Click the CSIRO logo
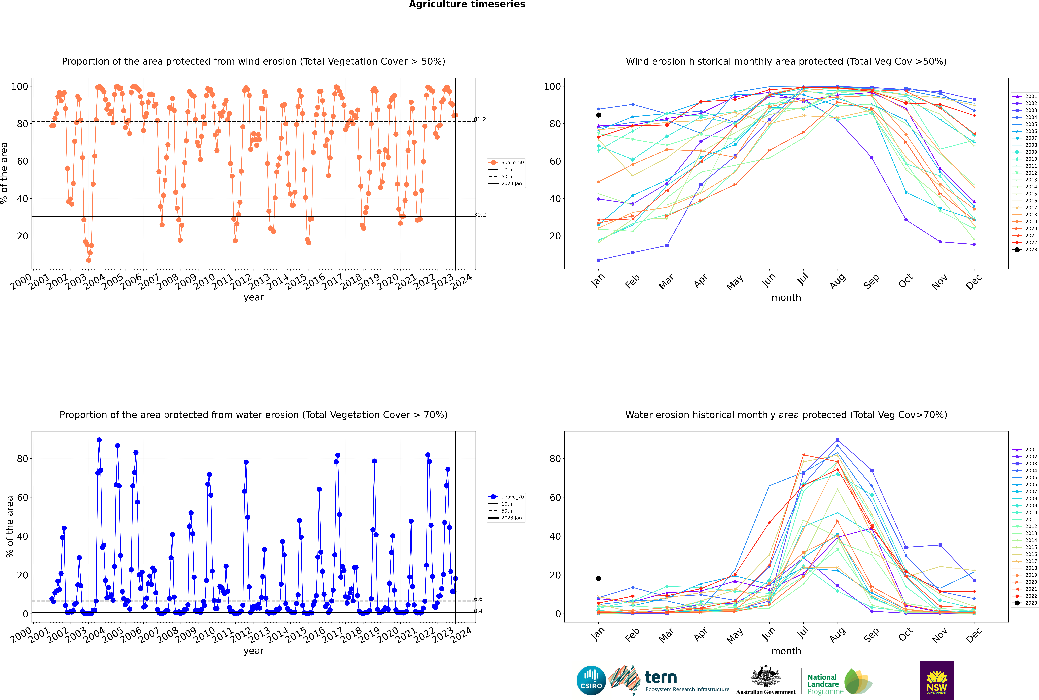(x=591, y=680)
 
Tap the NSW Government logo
(x=937, y=680)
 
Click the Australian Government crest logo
(x=766, y=680)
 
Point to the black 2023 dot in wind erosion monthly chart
(x=599, y=115)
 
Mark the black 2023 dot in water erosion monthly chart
(x=599, y=579)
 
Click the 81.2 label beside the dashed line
(x=480, y=119)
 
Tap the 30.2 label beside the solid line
(x=480, y=215)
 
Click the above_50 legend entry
(x=506, y=163)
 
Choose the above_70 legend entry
(x=506, y=497)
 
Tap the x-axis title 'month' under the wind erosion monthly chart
(x=786, y=298)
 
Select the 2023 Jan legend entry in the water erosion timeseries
(x=506, y=518)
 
